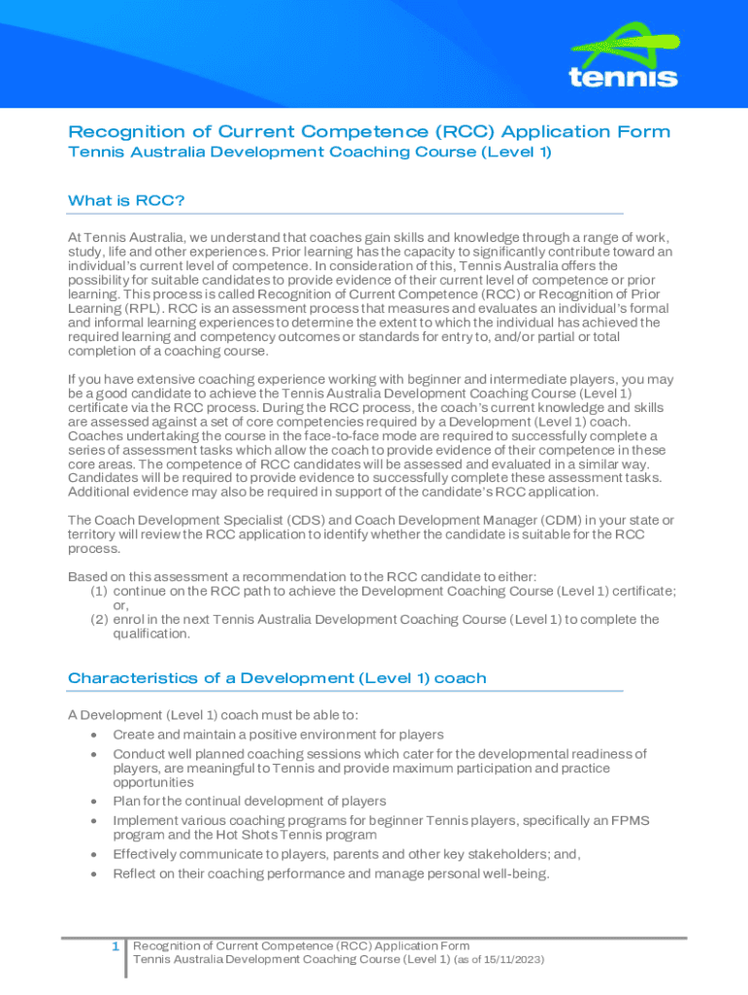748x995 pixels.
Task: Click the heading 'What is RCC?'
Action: pyautogui.click(x=126, y=200)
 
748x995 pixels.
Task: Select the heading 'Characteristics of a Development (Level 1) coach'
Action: pyautogui.click(x=277, y=678)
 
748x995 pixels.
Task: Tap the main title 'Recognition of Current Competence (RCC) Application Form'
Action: pyautogui.click(x=369, y=131)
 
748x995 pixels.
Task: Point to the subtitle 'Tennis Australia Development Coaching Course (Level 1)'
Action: pyautogui.click(x=310, y=153)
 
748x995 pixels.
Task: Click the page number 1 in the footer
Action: pyautogui.click(x=115, y=946)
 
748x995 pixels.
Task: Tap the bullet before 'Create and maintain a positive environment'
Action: pyautogui.click(x=92, y=736)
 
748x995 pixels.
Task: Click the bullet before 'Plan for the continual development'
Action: pyautogui.click(x=92, y=802)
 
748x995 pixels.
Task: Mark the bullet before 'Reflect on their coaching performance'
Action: pyautogui.click(x=92, y=875)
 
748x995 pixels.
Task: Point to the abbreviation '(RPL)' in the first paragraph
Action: pyautogui.click(x=134, y=308)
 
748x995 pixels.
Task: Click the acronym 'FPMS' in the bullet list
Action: pyautogui.click(x=631, y=821)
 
